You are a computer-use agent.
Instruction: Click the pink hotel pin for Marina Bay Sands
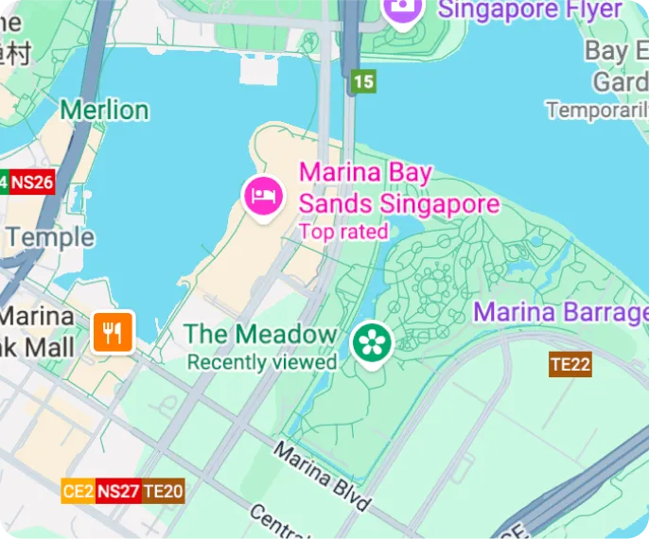(x=264, y=196)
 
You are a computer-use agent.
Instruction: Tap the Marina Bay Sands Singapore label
(x=398, y=188)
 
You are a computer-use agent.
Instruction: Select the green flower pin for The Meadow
(x=372, y=342)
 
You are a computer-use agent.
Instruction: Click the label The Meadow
(x=260, y=334)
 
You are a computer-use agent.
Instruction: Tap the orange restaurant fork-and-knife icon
(x=113, y=332)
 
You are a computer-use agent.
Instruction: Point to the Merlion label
(x=104, y=110)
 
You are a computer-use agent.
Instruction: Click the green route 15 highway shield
(x=363, y=81)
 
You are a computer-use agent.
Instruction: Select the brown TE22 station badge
(x=570, y=364)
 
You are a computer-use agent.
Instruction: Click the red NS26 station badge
(x=32, y=183)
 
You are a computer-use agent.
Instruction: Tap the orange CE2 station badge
(x=78, y=491)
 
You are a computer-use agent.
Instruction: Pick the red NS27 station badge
(x=118, y=491)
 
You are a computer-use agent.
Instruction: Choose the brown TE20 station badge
(x=163, y=491)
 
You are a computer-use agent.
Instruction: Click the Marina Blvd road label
(x=322, y=476)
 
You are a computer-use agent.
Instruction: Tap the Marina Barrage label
(x=560, y=312)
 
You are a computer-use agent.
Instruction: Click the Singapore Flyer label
(x=531, y=10)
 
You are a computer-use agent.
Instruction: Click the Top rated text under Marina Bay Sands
(x=343, y=232)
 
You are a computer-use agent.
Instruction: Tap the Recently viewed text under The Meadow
(x=262, y=362)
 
